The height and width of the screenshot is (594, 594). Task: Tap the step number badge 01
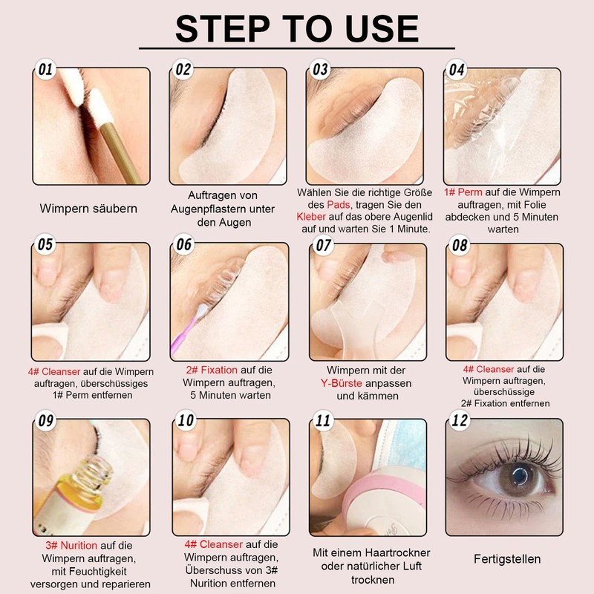[x=45, y=69]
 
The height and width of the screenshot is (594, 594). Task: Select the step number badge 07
[x=323, y=245]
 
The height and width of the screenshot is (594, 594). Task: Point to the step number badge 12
[x=460, y=420]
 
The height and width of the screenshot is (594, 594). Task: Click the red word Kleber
[x=311, y=217]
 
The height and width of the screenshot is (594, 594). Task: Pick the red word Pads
[x=339, y=205]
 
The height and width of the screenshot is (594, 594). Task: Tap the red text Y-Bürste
[x=342, y=383]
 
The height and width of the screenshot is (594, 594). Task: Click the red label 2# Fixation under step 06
[x=212, y=370]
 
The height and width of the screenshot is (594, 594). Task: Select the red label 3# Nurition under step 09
[x=71, y=545]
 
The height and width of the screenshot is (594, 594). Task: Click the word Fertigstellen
[x=507, y=559]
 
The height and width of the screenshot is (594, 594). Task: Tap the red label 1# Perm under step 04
[x=463, y=192]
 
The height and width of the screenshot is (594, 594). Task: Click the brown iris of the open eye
[x=516, y=477]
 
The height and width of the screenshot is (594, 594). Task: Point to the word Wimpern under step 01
[x=62, y=209]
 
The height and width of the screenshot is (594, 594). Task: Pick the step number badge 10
[x=186, y=420]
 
